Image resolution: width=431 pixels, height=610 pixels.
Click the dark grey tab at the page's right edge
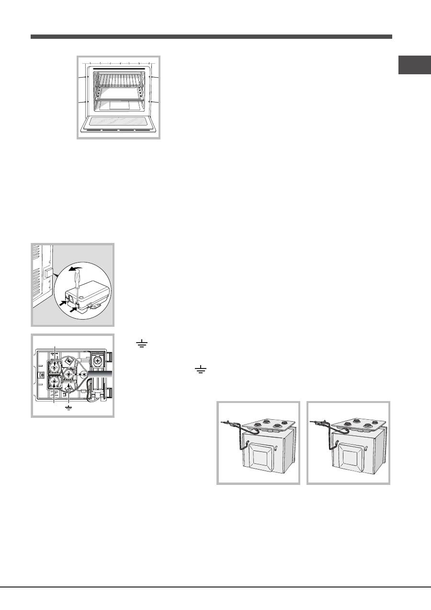pyautogui.click(x=414, y=66)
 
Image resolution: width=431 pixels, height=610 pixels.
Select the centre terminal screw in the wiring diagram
pyautogui.click(x=69, y=373)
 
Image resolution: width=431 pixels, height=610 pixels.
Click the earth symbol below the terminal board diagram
pyautogui.click(x=69, y=408)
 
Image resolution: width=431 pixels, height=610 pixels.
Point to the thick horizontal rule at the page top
pyautogui.click(x=211, y=36)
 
